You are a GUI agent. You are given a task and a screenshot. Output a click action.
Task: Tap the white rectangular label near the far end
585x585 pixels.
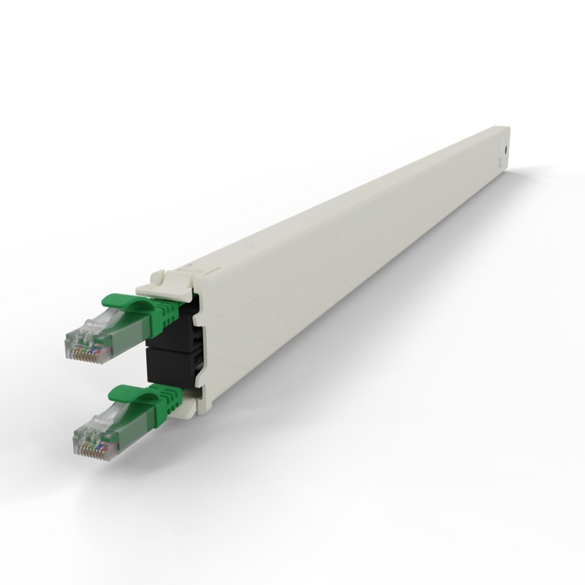(502, 138)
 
